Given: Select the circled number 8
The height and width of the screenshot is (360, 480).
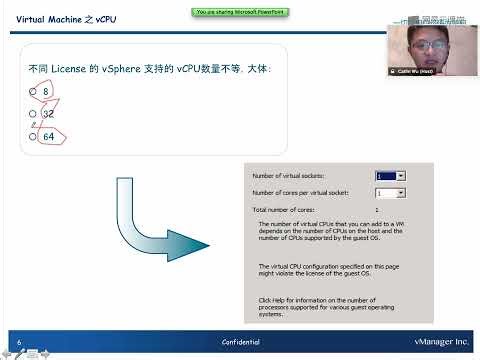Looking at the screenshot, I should point(46,91).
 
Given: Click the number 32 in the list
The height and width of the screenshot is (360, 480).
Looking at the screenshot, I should point(48,114).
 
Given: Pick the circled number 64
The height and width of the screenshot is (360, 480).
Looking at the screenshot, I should point(48,136).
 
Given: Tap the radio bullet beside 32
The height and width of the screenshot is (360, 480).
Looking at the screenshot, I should point(33,114).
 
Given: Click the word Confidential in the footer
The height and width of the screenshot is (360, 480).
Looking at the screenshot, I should point(241,342).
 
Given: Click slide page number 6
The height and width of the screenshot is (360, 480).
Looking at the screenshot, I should point(19,342).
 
